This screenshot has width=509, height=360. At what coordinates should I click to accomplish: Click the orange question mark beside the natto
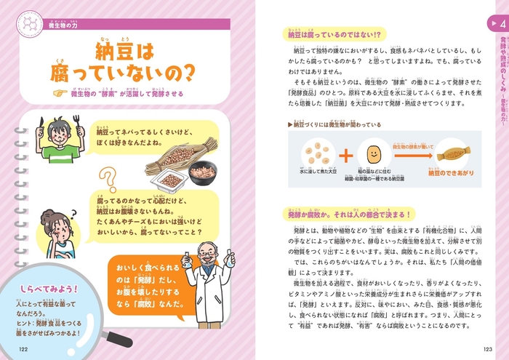pyautogui.click(x=108, y=181)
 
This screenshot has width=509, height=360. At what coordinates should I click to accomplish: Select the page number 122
pyautogui.click(x=23, y=350)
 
